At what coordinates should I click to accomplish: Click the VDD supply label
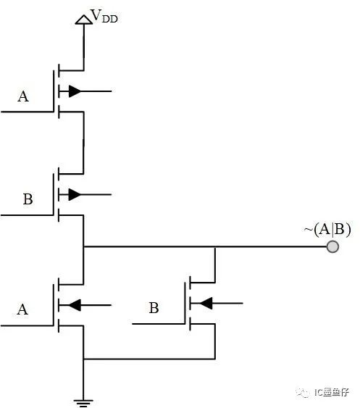pos(104,16)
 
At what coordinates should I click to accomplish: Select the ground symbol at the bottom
pos(83,402)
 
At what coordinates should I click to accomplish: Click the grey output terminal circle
pos(332,246)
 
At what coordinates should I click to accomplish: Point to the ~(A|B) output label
pos(327,230)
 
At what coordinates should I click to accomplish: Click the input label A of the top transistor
pos(23,96)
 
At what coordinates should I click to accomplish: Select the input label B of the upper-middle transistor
pos(28,199)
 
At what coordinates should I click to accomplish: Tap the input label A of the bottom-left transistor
pos(22,309)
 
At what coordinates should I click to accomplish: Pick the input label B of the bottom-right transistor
pos(154,308)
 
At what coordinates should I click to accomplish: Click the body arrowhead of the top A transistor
pos(75,91)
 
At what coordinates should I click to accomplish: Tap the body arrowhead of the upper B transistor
pos(75,195)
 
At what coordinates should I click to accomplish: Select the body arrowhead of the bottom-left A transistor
pos(75,305)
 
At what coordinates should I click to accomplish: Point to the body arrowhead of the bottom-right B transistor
pos(206,303)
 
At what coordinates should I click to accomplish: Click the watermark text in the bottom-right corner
pos(331,392)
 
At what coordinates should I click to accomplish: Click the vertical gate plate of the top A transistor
pos(54,91)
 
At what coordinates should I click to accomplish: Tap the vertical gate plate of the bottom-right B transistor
pos(185,303)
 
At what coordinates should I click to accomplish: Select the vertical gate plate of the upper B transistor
pos(54,195)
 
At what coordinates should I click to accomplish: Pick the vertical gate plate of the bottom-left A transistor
pos(54,305)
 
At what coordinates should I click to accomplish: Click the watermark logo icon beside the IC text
pos(303,392)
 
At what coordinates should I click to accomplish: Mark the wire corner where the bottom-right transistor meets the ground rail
pos(215,359)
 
